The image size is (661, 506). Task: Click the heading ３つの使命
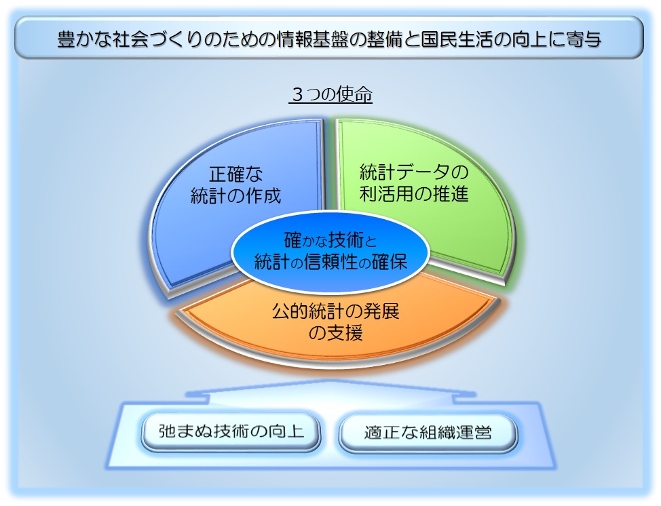pos(330,95)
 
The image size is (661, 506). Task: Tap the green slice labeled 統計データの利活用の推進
pos(434,217)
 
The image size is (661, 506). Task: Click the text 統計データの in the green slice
pos(414,172)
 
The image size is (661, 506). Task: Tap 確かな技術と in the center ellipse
pos(330,240)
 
